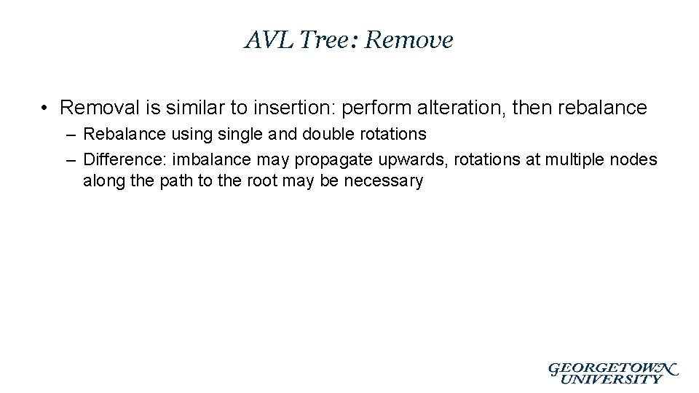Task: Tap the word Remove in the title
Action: point(408,40)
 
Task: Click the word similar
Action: point(189,108)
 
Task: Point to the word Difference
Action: point(125,159)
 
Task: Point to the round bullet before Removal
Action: point(45,108)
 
